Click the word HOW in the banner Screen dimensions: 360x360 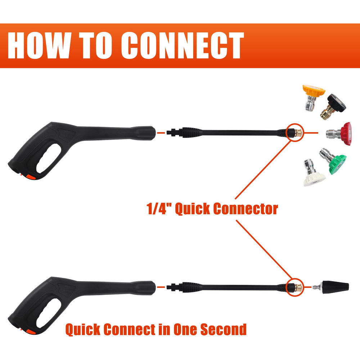pyautogui.click(x=39, y=45)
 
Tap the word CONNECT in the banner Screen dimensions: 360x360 pyautogui.click(x=182, y=45)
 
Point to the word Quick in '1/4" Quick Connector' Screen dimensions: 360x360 pyautogui.click(x=192, y=209)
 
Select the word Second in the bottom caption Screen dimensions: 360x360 pyautogui.click(x=224, y=329)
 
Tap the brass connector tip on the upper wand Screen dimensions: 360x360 pyautogui.click(x=298, y=133)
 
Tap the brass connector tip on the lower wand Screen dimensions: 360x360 pyautogui.click(x=298, y=287)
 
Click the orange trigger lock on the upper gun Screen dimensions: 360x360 pyautogui.click(x=31, y=177)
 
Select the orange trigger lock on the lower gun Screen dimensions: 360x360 pyautogui.click(x=31, y=332)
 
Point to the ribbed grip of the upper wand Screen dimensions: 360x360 pyautogui.click(x=192, y=132)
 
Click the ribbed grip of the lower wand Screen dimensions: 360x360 pyautogui.click(x=192, y=287)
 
